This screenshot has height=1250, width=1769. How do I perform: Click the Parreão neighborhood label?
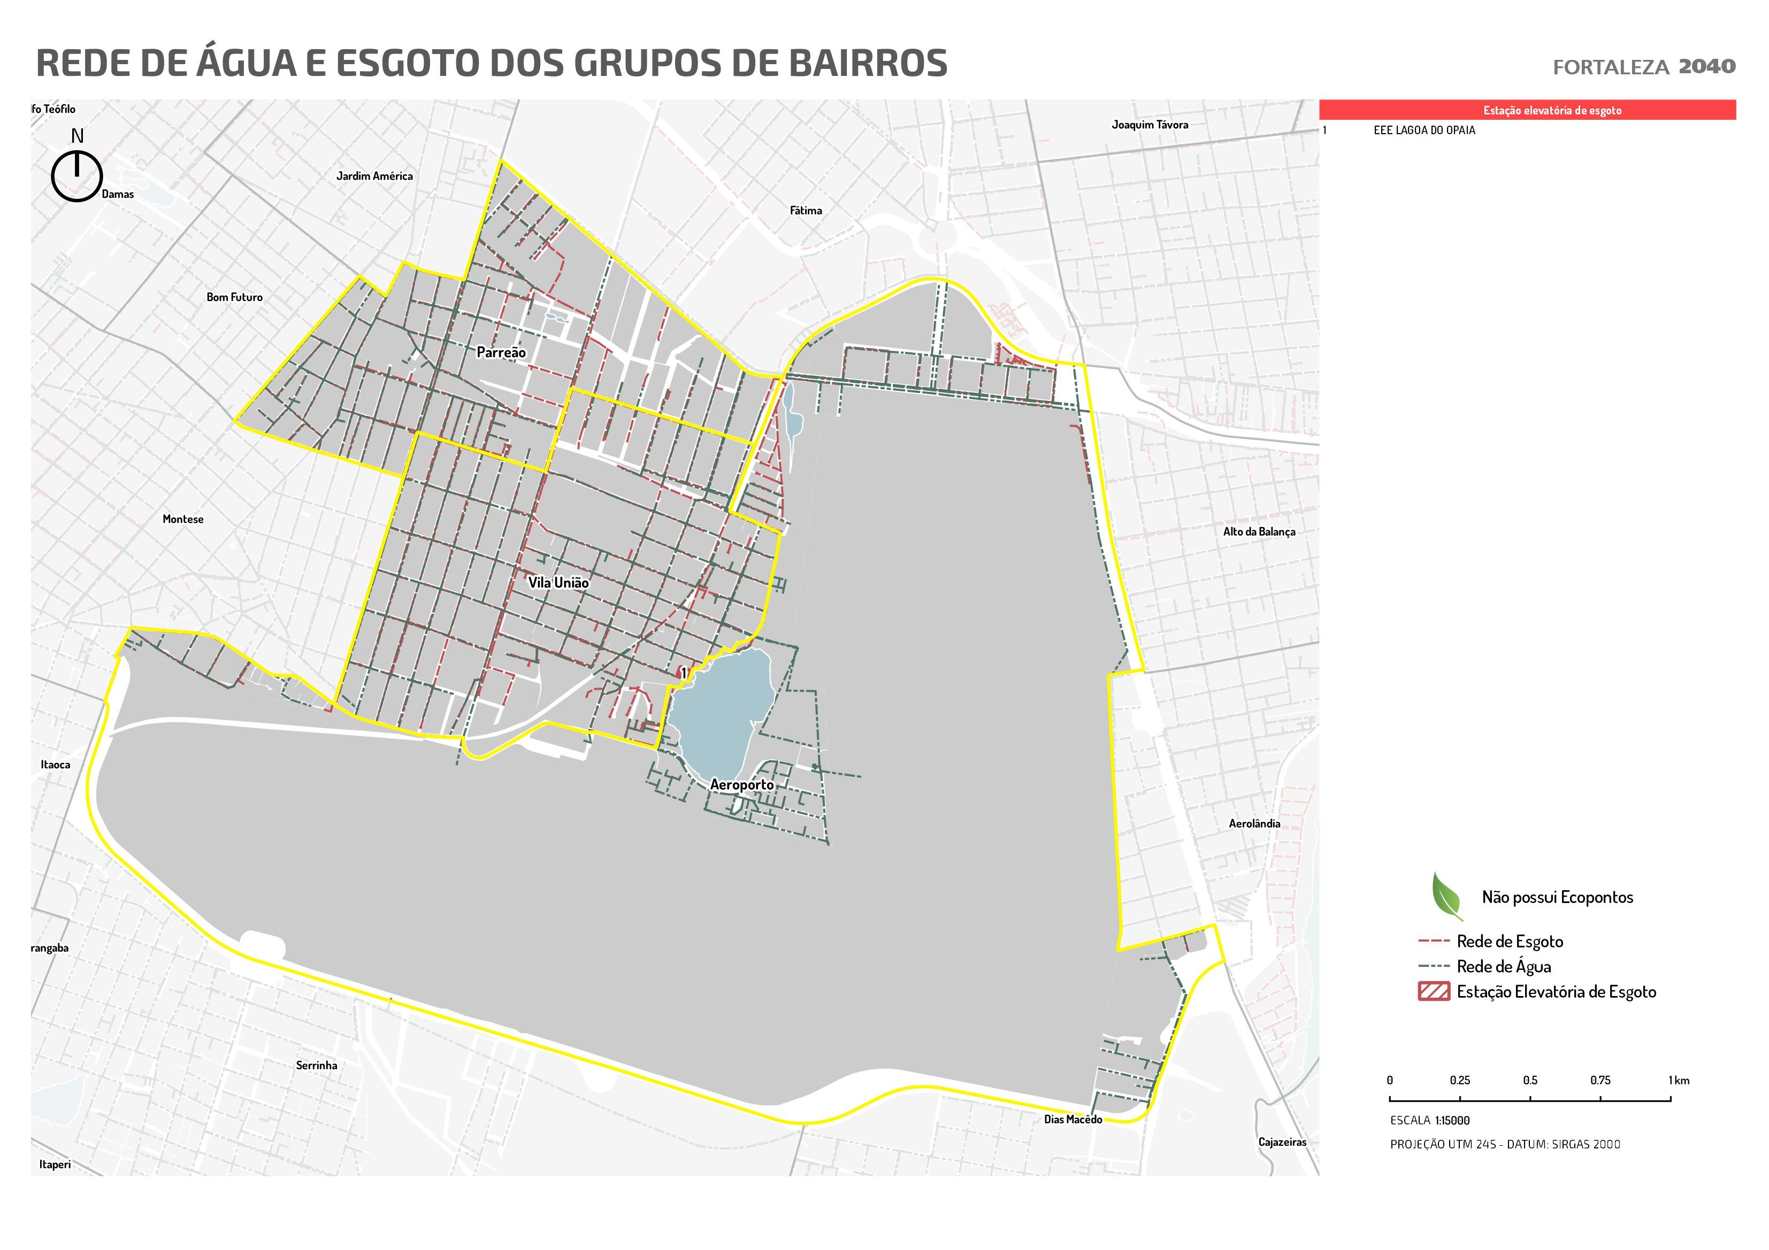(501, 353)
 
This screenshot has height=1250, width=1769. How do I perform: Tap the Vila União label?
(558, 583)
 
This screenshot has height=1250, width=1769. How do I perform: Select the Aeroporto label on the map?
(741, 785)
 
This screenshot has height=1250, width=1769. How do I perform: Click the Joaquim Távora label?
(1149, 125)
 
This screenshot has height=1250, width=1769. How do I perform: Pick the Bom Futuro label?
(234, 297)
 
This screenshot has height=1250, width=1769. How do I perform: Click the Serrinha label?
(316, 1065)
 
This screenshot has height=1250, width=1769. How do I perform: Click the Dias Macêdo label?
(1073, 1119)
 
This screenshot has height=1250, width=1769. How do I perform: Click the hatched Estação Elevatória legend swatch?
(1433, 991)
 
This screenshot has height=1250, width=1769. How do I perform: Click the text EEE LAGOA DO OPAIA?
(1424, 130)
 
